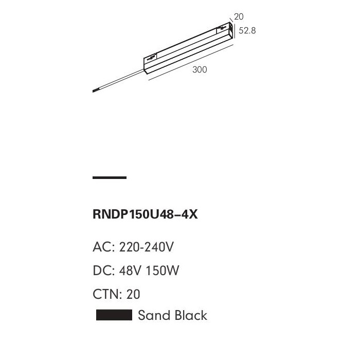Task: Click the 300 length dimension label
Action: click(200, 69)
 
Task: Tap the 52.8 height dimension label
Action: click(247, 30)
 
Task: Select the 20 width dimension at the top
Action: click(239, 17)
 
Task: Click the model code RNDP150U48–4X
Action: click(145, 214)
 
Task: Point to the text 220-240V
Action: click(146, 247)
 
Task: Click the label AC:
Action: click(104, 247)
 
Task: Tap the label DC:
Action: click(104, 271)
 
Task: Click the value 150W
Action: click(162, 271)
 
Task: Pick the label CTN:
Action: click(107, 294)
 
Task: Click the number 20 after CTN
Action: click(133, 294)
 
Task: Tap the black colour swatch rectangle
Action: click(114, 315)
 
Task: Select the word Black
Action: click(190, 315)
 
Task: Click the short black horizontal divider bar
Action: click(110, 177)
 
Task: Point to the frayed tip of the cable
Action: click(94, 91)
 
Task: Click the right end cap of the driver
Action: click(231, 30)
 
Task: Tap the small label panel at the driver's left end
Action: click(150, 57)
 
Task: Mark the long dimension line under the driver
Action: click(191, 62)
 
